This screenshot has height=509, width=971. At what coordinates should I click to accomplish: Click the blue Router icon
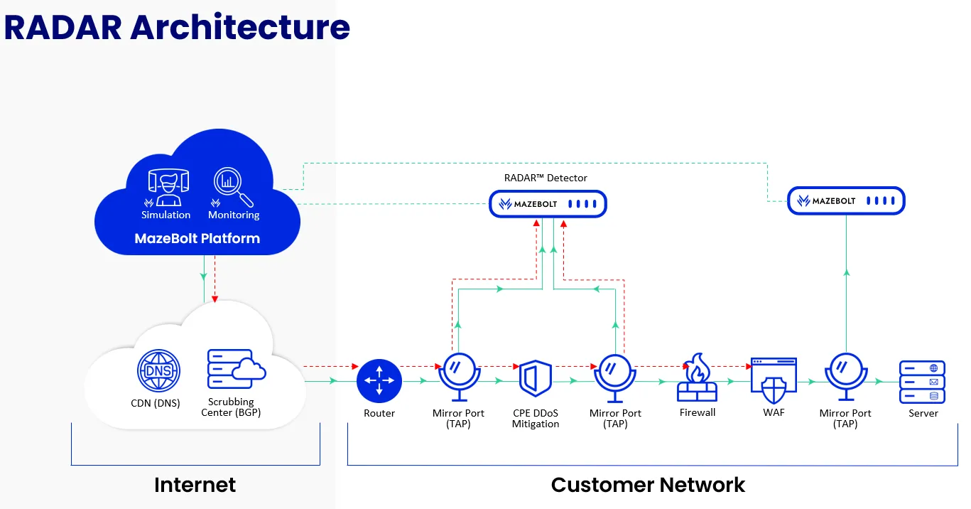(379, 380)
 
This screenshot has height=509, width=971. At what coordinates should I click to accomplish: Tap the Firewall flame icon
(697, 377)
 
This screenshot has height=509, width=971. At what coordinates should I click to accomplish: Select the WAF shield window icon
(774, 380)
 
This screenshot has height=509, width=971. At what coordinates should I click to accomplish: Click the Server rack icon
(923, 382)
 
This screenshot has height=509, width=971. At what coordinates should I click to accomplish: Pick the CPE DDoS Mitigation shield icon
(536, 378)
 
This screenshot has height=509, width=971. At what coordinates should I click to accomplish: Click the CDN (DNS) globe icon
(158, 370)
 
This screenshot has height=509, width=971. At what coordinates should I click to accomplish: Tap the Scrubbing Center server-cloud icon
(237, 369)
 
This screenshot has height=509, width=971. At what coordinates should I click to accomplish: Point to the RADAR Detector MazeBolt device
(548, 203)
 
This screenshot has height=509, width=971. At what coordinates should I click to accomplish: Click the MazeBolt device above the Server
(846, 200)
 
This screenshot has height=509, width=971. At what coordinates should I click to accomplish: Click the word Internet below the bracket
(195, 485)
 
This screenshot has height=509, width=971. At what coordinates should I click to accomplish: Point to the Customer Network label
(648, 485)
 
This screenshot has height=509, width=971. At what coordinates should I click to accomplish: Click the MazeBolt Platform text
(197, 238)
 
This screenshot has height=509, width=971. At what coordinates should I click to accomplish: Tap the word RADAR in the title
(63, 27)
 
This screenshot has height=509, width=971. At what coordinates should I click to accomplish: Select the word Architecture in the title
(240, 27)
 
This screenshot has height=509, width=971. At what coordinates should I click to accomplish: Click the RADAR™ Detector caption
(546, 178)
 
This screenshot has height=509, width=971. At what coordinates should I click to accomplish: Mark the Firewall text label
(698, 412)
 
